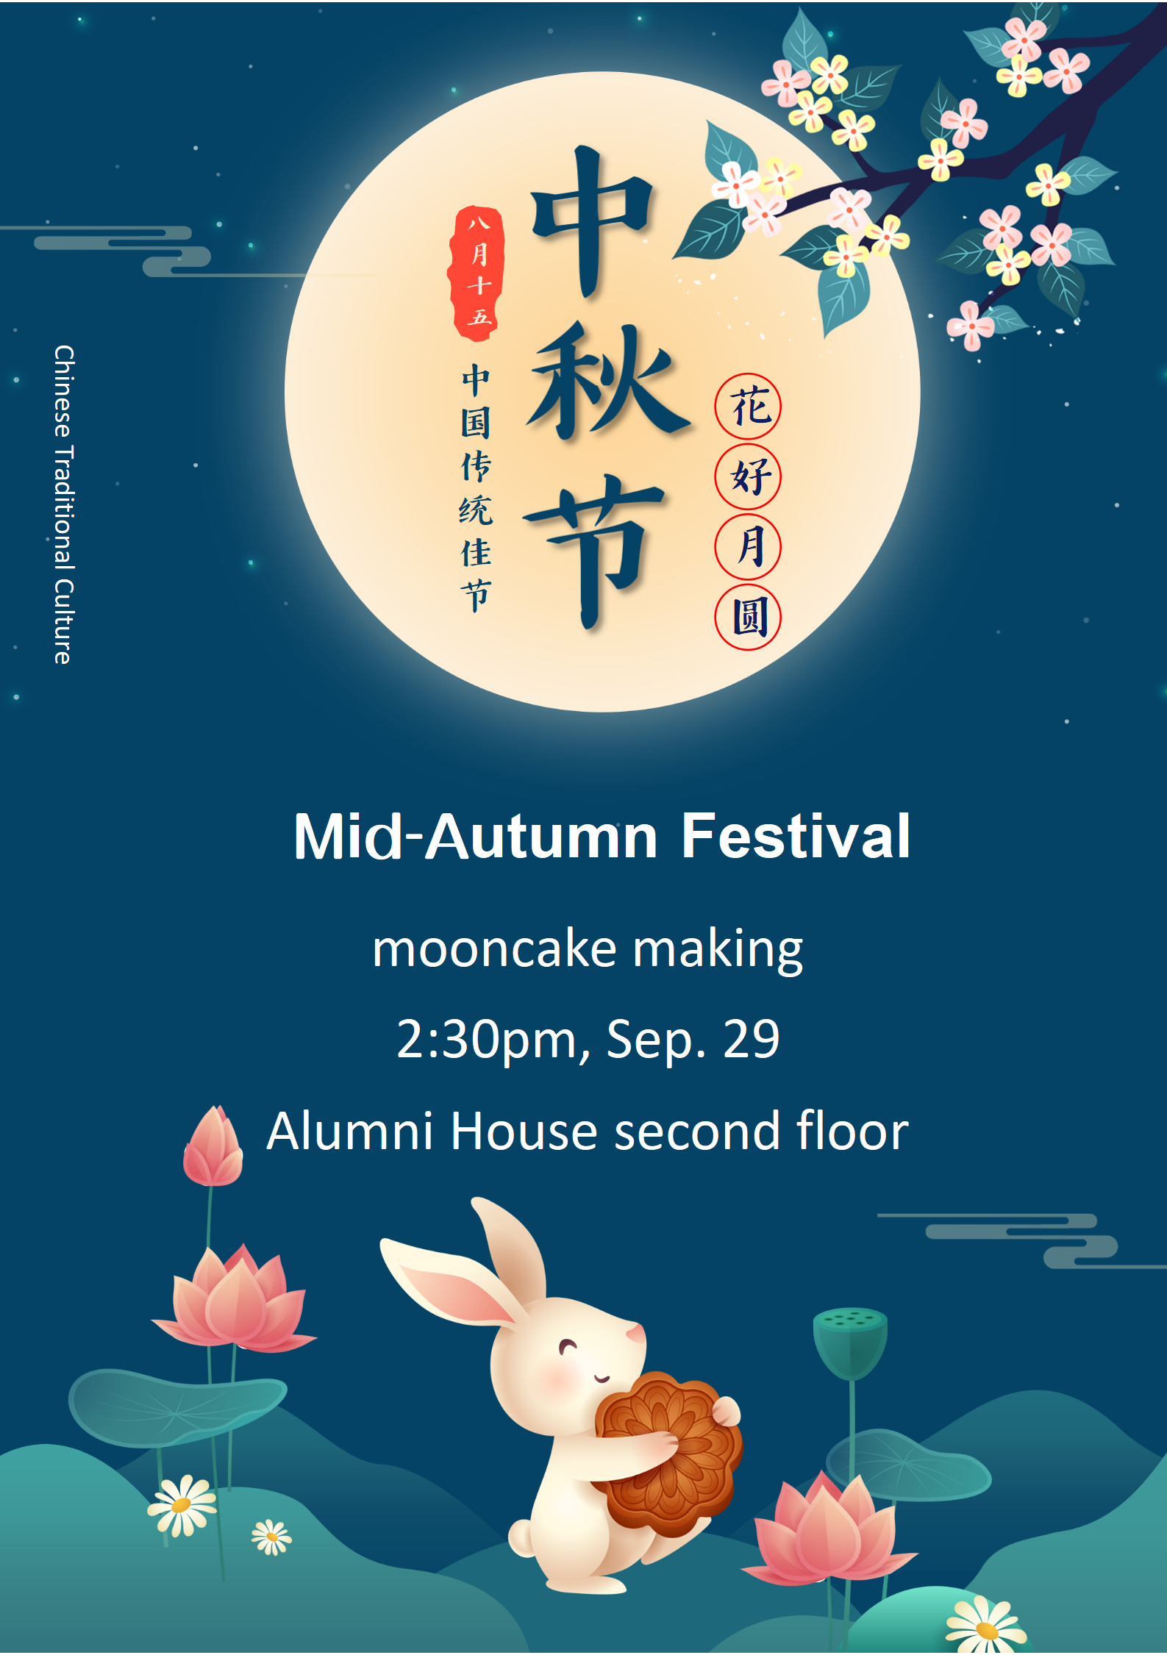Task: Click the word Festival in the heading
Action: pos(796,836)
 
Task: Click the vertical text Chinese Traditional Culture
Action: pos(64,504)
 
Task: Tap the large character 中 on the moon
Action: pos(593,221)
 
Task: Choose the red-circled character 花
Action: pos(748,407)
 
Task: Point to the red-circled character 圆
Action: pos(748,617)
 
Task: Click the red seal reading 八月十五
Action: pos(477,274)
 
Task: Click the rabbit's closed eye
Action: pos(568,1347)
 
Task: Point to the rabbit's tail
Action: pos(522,1537)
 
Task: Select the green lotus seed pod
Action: pos(850,1343)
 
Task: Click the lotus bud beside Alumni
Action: pos(213,1147)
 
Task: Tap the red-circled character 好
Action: pos(748,476)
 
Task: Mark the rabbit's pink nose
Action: pos(635,1331)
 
